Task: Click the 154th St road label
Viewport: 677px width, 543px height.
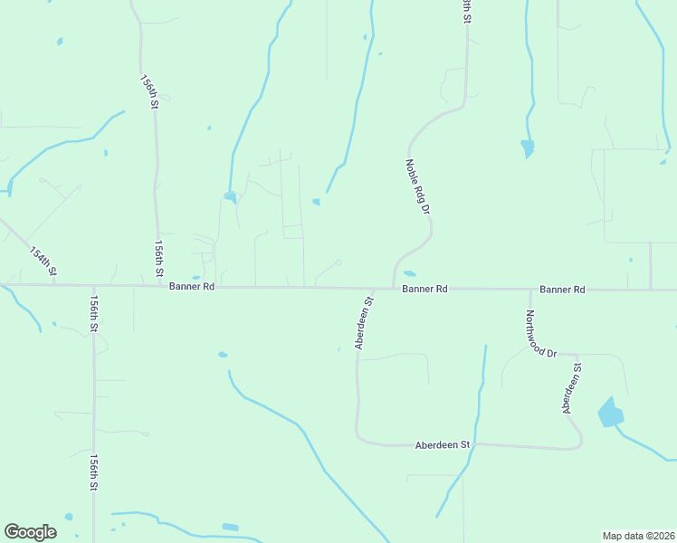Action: (43, 261)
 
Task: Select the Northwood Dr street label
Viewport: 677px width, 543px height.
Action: (540, 334)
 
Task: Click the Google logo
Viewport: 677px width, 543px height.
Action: (30, 532)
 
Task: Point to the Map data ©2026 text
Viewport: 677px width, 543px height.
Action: (638, 535)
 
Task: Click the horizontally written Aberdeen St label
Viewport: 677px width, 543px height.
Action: (443, 445)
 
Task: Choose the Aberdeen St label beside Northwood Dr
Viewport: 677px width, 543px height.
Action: (571, 389)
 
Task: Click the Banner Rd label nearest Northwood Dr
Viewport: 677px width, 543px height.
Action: (562, 290)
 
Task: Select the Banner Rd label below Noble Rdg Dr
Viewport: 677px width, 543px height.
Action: (425, 289)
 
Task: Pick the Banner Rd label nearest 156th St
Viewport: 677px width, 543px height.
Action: (191, 286)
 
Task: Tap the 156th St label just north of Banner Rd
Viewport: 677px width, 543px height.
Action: (159, 259)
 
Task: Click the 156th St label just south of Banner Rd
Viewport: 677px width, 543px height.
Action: (93, 313)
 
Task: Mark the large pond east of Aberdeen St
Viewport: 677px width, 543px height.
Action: (611, 414)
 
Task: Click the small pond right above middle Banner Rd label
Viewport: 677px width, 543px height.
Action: (410, 273)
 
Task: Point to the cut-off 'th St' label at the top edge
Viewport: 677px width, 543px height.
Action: (467, 10)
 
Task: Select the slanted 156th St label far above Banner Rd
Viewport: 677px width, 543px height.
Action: (149, 92)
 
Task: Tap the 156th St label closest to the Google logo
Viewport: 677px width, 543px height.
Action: (93, 472)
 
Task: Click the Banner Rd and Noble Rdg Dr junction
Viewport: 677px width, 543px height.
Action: (392, 289)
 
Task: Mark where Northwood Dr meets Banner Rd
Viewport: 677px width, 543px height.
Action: (530, 290)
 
